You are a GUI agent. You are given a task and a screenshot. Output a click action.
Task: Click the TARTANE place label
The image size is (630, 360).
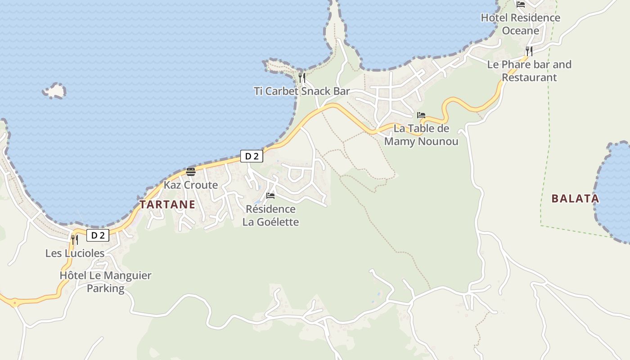pyautogui.click(x=167, y=205)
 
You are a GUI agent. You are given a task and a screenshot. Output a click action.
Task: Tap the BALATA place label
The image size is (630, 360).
pyautogui.click(x=575, y=198)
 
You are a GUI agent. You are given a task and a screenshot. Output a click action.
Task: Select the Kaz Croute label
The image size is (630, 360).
pyautogui.click(x=190, y=185)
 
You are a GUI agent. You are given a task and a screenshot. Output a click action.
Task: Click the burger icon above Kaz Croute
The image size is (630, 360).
pyautogui.click(x=190, y=171)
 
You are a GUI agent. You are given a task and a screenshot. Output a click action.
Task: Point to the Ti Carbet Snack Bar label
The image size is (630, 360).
pyautogui.click(x=301, y=91)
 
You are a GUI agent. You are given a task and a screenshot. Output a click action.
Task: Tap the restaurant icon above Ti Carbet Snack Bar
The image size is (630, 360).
pyautogui.click(x=301, y=78)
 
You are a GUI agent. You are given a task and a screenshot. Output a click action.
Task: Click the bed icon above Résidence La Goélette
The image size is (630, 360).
pyautogui.click(x=270, y=196)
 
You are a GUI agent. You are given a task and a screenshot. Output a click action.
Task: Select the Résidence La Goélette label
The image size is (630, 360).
pyautogui.click(x=270, y=216)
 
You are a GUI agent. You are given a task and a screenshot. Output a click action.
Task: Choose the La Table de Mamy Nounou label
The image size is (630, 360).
pyautogui.click(x=421, y=135)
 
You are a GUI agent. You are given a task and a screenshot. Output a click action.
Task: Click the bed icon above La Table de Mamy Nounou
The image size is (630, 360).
pyautogui.click(x=421, y=115)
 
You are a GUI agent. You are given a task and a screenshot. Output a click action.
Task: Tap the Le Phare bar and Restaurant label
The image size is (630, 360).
pyautogui.click(x=529, y=71)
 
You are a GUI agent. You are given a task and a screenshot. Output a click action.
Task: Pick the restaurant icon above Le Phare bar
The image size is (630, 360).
pyautogui.click(x=529, y=51)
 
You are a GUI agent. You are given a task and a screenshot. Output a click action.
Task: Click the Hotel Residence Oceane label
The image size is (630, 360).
pyautogui.click(x=521, y=24)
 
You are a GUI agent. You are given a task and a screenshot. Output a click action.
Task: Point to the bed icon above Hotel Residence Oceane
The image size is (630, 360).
pyautogui.click(x=521, y=4)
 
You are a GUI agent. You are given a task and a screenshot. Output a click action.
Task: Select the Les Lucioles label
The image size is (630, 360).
pyautogui.click(x=75, y=253)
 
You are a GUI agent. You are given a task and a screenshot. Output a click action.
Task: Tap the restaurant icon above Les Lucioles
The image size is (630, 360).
pyautogui.click(x=75, y=239)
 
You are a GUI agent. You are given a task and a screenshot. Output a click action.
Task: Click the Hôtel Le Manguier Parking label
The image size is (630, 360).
pyautogui.click(x=105, y=282)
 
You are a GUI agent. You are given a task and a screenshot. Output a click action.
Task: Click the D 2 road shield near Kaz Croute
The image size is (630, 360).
pyautogui.click(x=252, y=156)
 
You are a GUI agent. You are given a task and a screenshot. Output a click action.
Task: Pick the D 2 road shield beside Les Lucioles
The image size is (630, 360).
pyautogui.click(x=98, y=235)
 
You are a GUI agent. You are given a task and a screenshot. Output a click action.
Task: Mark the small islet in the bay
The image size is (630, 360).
pyautogui.click(x=54, y=91)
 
